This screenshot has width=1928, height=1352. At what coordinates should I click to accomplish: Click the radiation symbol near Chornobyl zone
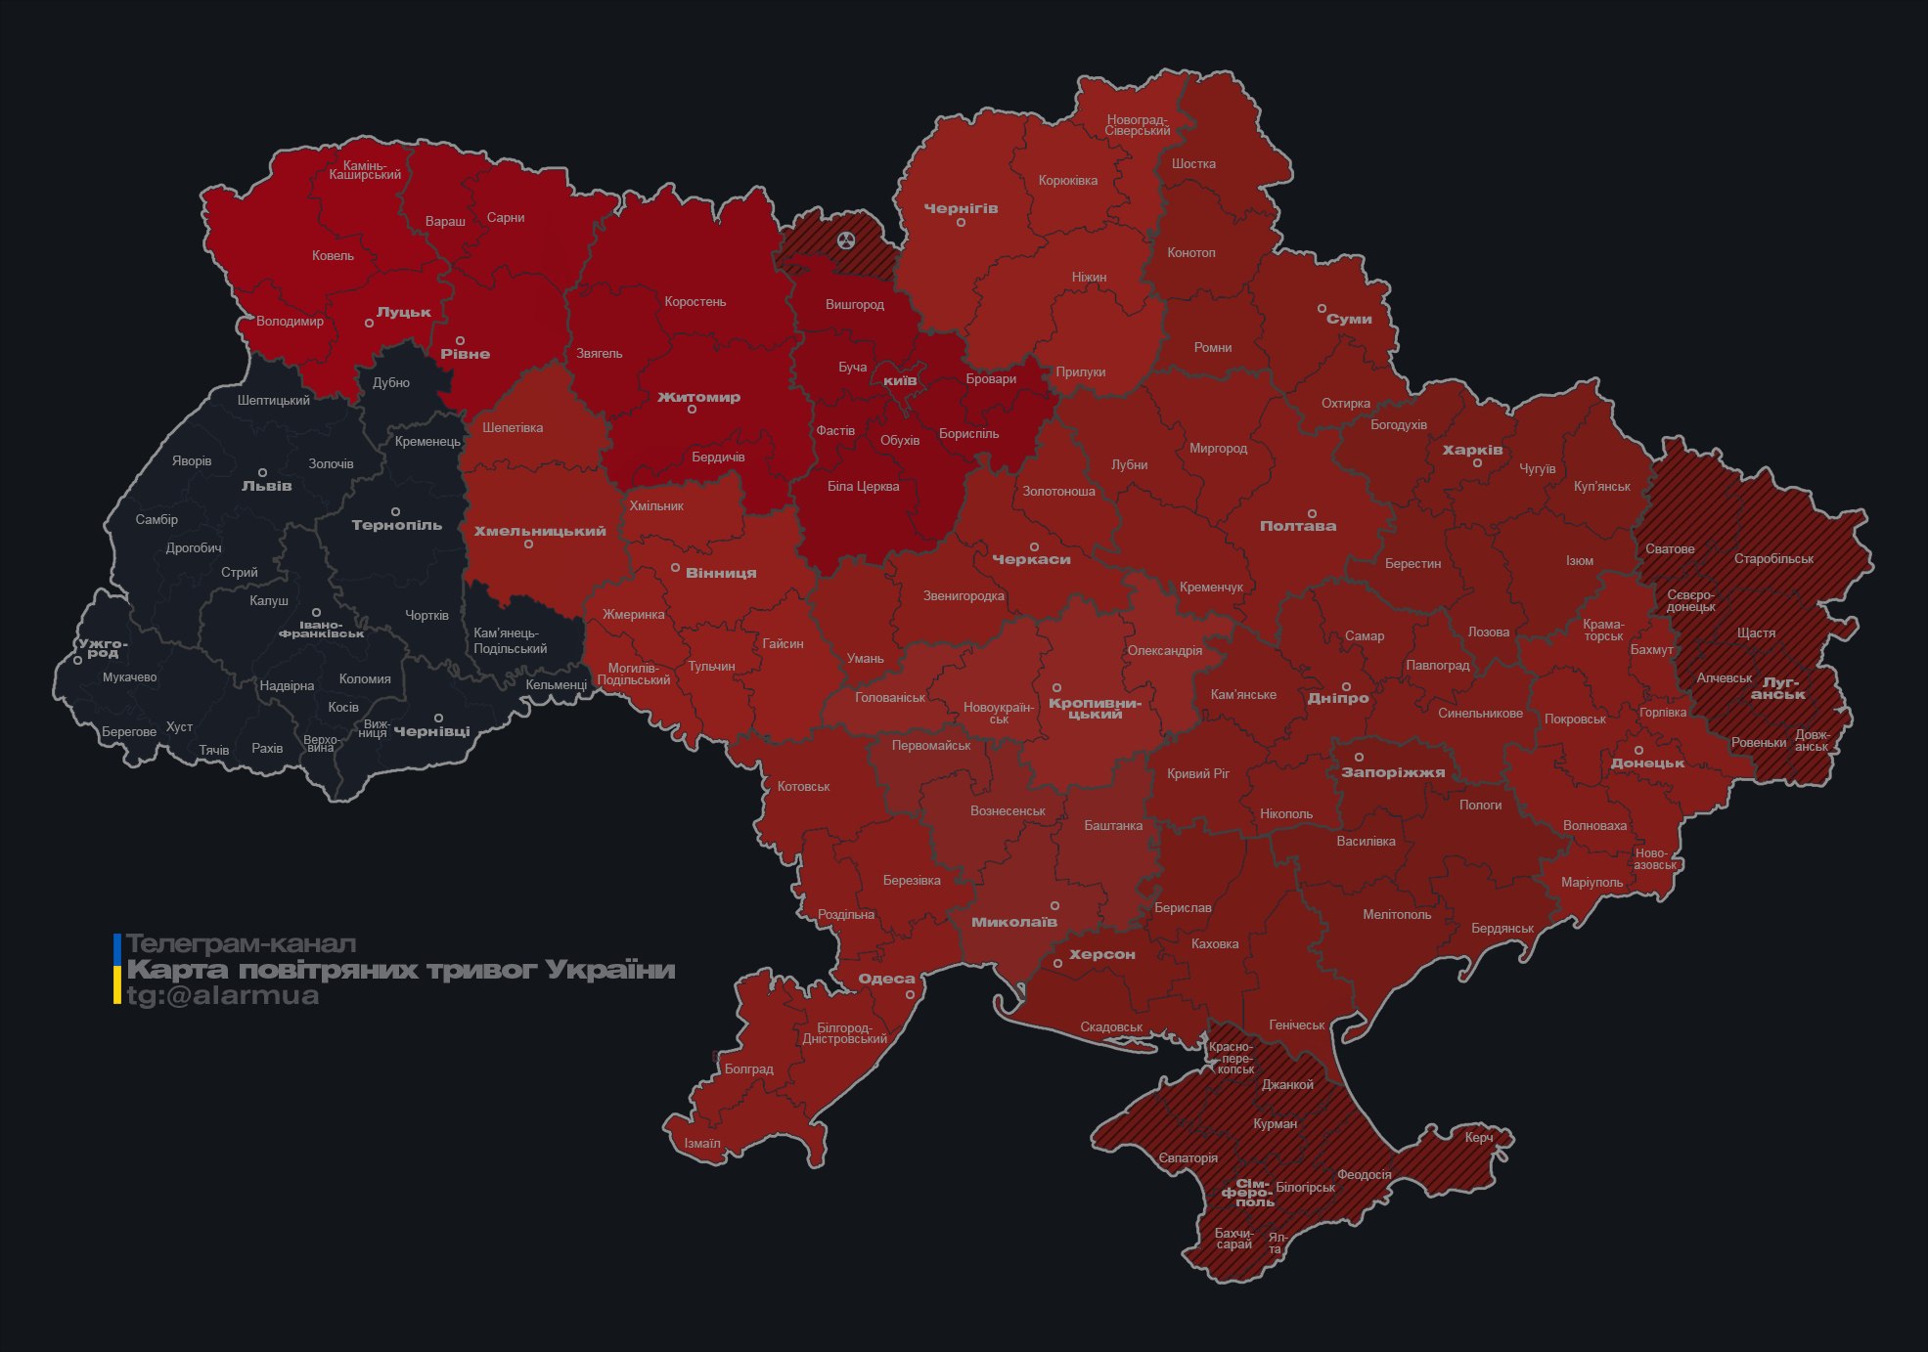846,240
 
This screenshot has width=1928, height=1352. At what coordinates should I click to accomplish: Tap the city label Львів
266,486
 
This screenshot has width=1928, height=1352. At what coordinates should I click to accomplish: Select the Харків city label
1472,451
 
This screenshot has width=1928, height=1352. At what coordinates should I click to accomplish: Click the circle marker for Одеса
910,995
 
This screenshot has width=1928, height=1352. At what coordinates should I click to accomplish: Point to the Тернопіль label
396,526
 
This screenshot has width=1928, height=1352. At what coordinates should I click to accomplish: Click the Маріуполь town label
1592,883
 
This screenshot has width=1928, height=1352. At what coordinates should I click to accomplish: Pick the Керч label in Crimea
1479,1138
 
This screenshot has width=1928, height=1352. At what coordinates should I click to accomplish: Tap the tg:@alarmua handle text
223,996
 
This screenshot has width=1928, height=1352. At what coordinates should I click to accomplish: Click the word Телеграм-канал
241,944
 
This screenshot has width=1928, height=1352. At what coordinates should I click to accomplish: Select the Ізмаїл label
702,1144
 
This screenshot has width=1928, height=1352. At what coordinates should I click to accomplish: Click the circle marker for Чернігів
961,223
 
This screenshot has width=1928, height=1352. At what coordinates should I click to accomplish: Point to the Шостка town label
1193,164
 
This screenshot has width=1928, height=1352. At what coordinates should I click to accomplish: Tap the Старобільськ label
1773,559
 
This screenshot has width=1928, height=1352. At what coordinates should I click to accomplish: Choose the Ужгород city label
103,648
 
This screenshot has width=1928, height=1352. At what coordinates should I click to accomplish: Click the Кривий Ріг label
1198,774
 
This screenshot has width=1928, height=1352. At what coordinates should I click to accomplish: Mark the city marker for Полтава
1312,514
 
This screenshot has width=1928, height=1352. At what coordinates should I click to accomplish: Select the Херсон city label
1101,955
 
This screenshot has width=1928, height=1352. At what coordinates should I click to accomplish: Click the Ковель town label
333,256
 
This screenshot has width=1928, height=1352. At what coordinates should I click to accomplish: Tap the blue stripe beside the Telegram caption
117,946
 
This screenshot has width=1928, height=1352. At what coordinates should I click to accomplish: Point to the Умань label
865,659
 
